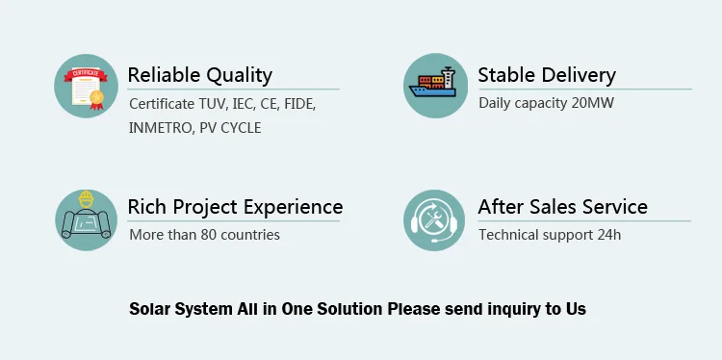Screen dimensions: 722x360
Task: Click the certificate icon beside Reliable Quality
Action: pyautogui.click(x=86, y=86)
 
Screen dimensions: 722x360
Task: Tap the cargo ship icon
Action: pyautogui.click(x=435, y=86)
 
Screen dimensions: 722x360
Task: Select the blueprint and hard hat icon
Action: pyautogui.click(x=86, y=220)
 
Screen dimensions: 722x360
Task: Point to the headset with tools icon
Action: pyautogui.click(x=434, y=220)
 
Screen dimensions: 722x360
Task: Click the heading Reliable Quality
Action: pyautogui.click(x=200, y=75)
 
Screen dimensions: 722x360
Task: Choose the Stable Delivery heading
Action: pyautogui.click(x=547, y=75)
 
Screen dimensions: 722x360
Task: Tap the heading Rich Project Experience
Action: pyautogui.click(x=235, y=207)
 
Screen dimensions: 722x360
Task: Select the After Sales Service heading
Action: pyautogui.click(x=563, y=207)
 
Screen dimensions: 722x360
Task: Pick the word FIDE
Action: pyautogui.click(x=299, y=104)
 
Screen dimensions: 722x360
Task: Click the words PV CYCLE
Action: pyautogui.click(x=230, y=128)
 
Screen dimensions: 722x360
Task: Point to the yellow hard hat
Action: pyautogui.click(x=86, y=199)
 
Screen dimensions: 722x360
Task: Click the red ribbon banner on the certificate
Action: pyautogui.click(x=86, y=74)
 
